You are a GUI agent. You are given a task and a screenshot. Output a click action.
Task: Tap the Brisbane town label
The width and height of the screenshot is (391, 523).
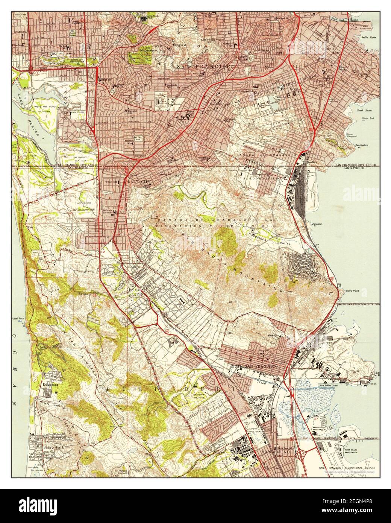coord(289,254)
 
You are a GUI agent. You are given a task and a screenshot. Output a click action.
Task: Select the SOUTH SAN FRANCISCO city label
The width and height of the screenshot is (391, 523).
coord(253,366)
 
